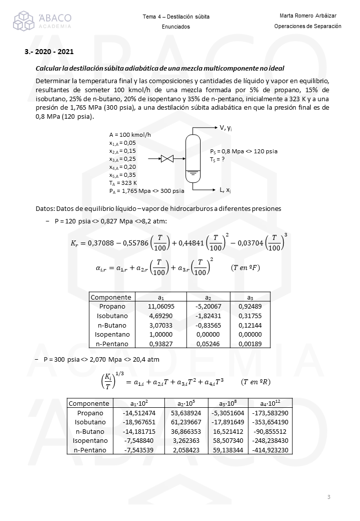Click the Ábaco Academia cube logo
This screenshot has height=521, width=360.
(x=24, y=21)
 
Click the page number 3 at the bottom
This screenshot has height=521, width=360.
(x=328, y=497)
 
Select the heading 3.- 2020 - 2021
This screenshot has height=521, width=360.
(x=50, y=52)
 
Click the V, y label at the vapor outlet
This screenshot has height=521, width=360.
(x=225, y=128)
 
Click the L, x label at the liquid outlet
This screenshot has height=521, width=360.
(x=225, y=190)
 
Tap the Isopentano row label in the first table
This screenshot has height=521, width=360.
(x=112, y=334)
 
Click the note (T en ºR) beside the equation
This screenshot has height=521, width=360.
(x=256, y=382)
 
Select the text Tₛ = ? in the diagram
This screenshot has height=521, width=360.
(x=217, y=159)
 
